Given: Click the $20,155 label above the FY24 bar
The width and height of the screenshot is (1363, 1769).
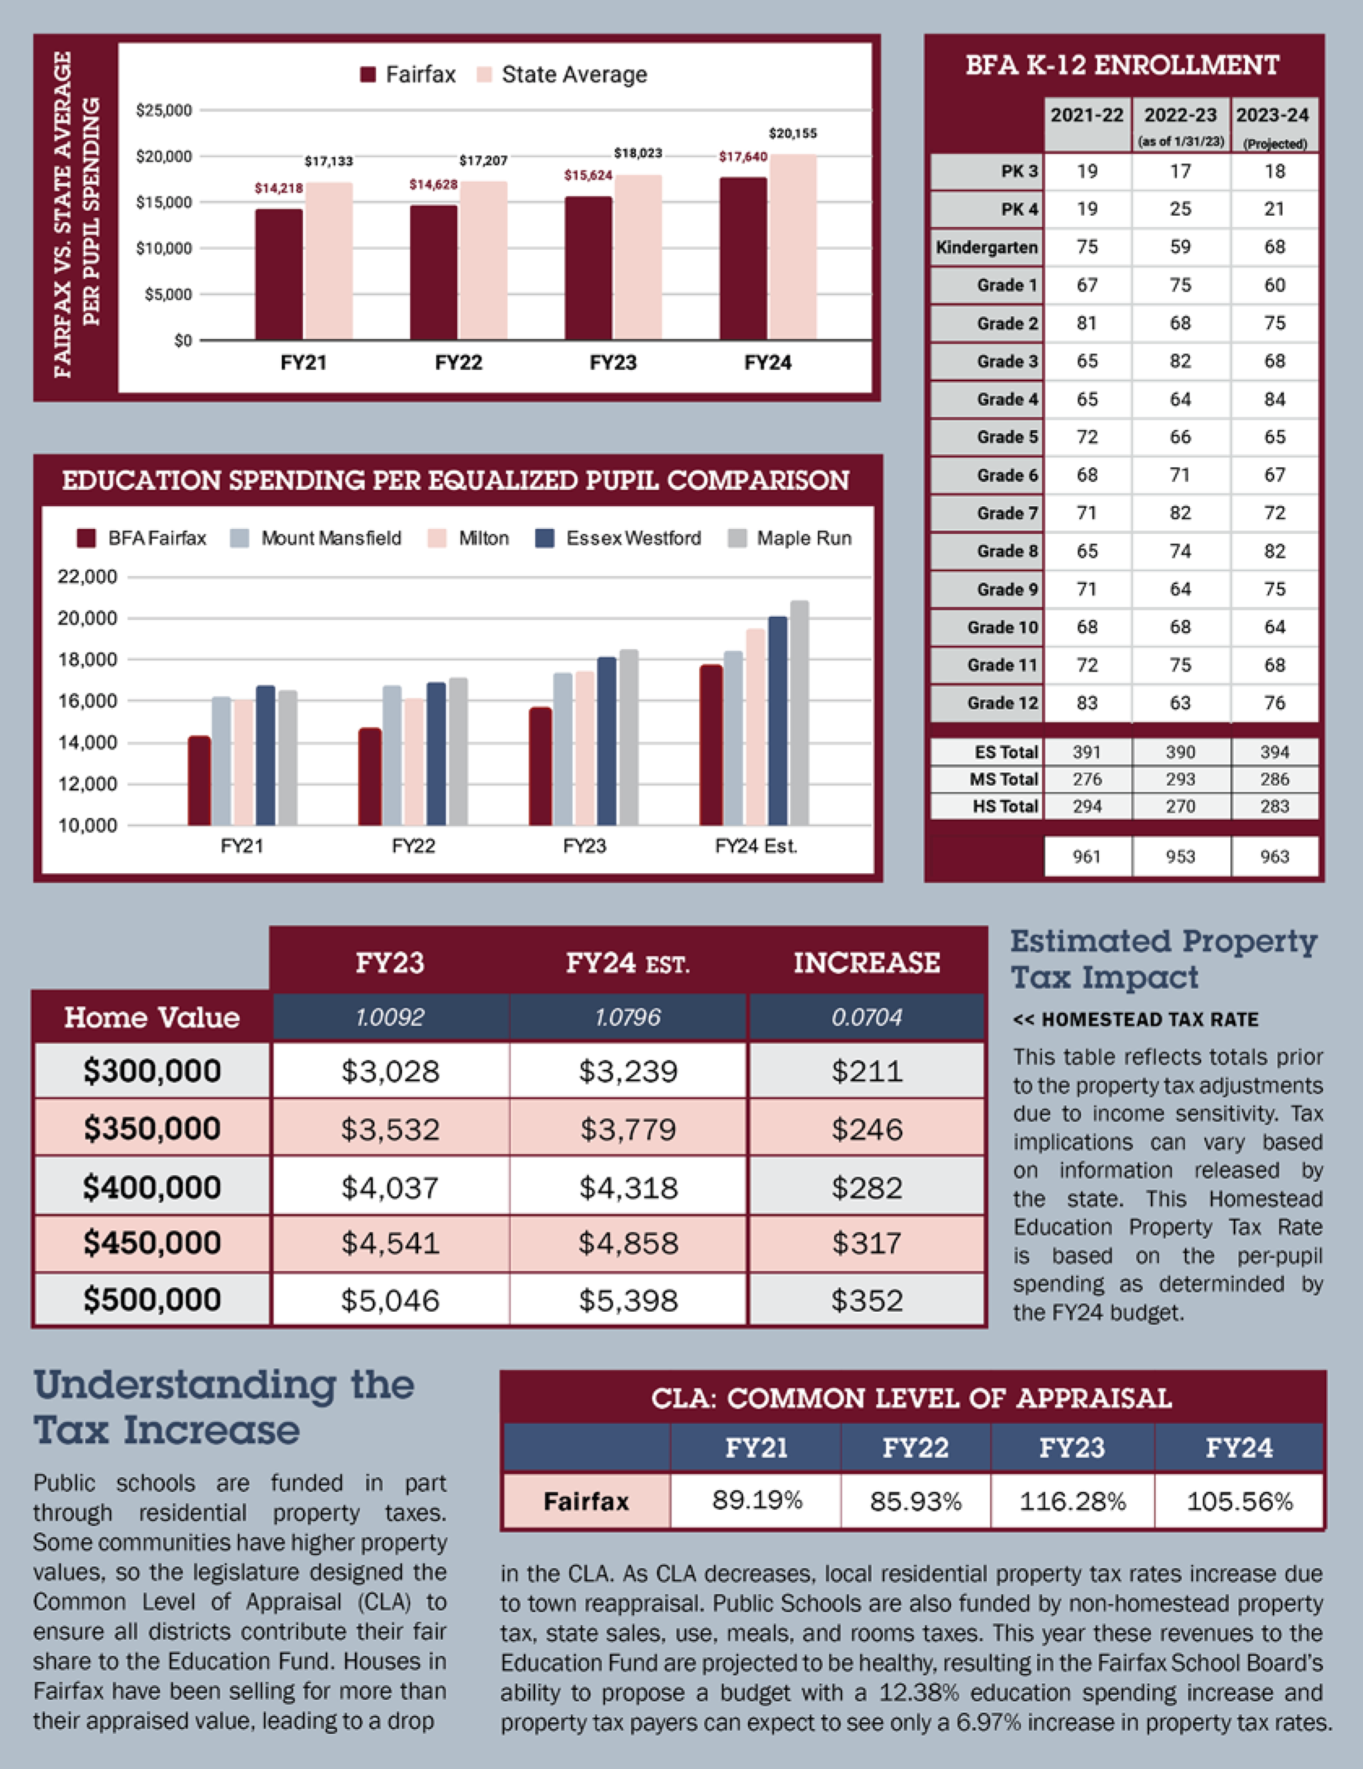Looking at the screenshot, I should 792,133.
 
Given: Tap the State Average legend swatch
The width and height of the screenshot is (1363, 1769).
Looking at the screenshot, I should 484,75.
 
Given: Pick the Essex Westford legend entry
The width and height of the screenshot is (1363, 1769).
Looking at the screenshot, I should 619,539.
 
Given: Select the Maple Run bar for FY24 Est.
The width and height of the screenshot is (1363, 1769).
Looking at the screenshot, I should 799,713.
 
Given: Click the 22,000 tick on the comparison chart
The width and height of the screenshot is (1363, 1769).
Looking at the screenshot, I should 87,576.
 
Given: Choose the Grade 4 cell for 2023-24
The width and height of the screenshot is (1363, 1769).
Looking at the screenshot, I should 1274,400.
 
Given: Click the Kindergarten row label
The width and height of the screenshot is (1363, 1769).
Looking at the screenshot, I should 987,247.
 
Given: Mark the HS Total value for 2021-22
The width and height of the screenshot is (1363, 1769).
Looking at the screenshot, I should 1086,806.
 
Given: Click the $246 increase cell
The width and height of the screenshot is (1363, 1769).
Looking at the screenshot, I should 867,1129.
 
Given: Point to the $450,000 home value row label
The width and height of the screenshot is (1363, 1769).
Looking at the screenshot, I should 151,1243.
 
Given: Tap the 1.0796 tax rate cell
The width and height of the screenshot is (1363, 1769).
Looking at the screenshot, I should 628,1017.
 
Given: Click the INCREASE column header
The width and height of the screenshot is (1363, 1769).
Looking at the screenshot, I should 867,963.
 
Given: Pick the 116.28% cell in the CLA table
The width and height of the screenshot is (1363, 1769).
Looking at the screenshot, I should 1072,1501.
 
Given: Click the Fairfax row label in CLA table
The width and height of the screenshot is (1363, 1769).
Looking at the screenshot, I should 586,1501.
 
